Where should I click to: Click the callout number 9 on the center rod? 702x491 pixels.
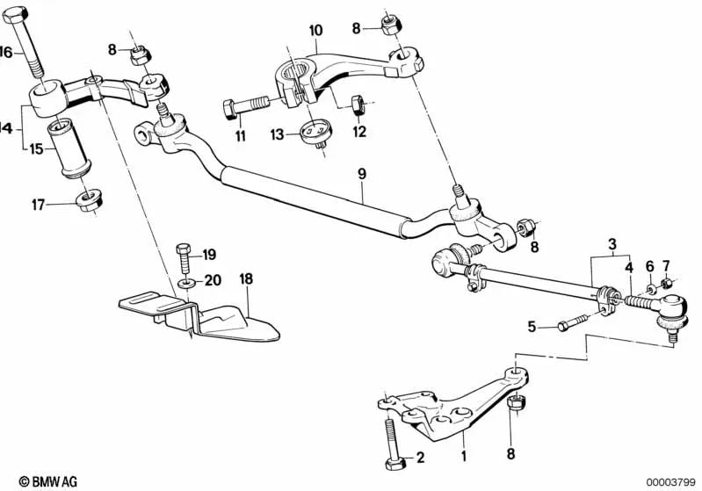tap(361, 175)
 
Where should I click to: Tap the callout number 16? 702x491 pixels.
tap(6, 53)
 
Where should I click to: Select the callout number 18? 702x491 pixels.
tap(246, 278)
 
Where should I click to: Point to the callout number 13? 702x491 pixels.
tap(277, 134)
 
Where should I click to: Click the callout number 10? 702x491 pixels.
tap(315, 30)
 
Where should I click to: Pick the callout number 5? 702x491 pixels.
tap(532, 327)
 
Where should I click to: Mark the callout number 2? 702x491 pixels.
tap(421, 457)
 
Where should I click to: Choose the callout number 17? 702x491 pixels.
tap(36, 205)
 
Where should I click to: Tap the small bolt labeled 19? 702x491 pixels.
tap(183, 256)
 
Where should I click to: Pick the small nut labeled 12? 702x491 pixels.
tap(358, 106)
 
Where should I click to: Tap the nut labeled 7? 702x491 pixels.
tap(668, 283)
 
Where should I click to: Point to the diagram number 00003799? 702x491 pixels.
tap(671, 481)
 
